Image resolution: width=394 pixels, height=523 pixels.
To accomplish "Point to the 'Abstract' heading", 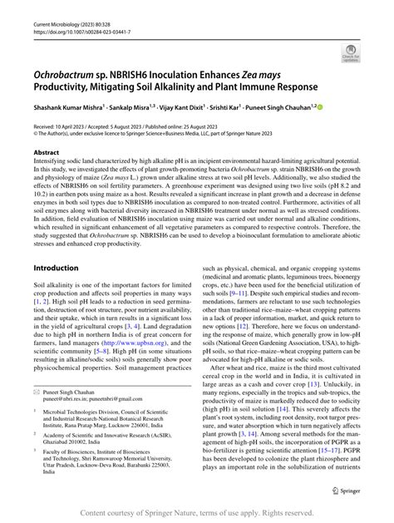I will pos(46,153).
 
